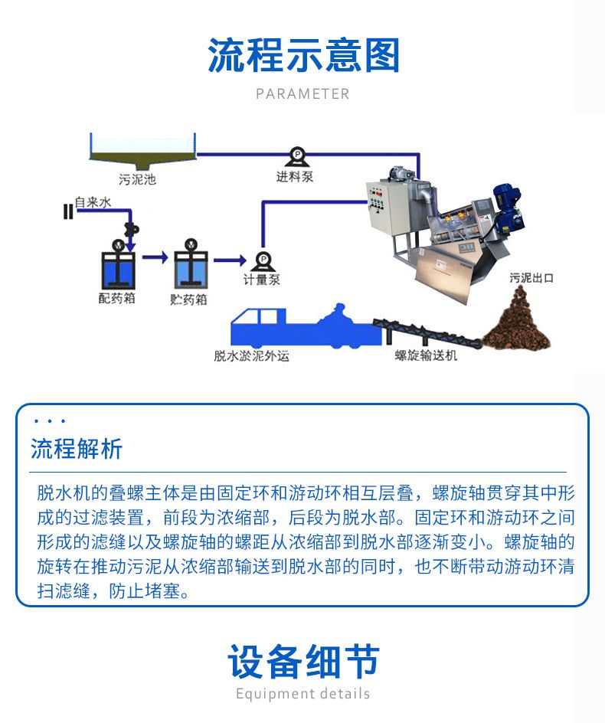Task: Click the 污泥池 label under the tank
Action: tap(137, 179)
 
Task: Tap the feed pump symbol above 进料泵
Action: tap(296, 157)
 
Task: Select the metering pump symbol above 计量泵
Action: tap(263, 261)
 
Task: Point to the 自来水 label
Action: tap(93, 202)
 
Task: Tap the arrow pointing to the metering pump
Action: tap(230, 260)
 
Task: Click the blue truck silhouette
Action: tap(306, 326)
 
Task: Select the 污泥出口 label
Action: tap(531, 278)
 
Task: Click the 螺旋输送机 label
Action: tap(426, 355)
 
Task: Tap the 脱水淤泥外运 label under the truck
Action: tap(252, 355)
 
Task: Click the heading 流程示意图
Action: tap(303, 55)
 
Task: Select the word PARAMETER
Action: tap(302, 94)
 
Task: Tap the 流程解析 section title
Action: tap(77, 449)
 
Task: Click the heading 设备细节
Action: tap(303, 661)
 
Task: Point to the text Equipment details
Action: tap(303, 693)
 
